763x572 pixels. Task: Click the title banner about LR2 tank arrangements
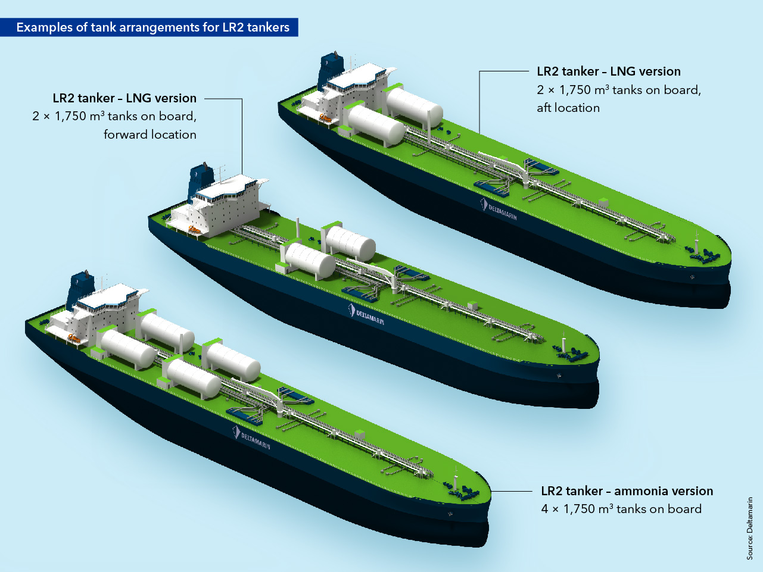152,27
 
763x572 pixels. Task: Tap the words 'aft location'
568,108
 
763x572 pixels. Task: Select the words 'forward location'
150,135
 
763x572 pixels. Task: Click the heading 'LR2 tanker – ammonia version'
627,491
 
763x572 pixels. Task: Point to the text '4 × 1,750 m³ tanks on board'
621,509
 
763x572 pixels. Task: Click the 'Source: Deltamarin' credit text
750,528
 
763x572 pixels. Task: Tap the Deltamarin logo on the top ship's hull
499,209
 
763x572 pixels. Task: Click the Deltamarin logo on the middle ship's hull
366,315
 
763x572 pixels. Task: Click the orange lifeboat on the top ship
325,118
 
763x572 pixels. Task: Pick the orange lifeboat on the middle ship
194,230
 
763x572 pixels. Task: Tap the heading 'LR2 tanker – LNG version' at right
608,71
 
